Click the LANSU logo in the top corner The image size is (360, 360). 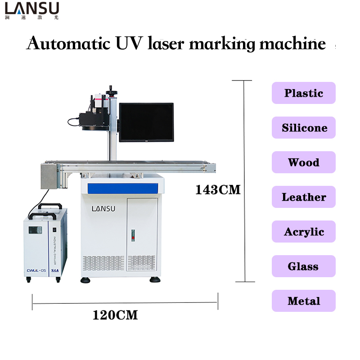click(31, 10)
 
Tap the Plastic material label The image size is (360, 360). click(304, 93)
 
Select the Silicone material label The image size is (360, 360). click(304, 128)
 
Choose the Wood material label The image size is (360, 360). click(304, 162)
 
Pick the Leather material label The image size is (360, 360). click(304, 197)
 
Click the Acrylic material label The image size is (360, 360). click(304, 232)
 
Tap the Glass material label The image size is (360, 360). click(304, 266)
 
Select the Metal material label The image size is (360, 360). click(304, 301)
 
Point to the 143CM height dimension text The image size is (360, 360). click(218, 190)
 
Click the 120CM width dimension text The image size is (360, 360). click(115, 315)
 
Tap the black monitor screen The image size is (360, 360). click(146, 122)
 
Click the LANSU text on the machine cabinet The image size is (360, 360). click(103, 208)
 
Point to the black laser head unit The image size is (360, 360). click(94, 118)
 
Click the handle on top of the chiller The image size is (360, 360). click(50, 206)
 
